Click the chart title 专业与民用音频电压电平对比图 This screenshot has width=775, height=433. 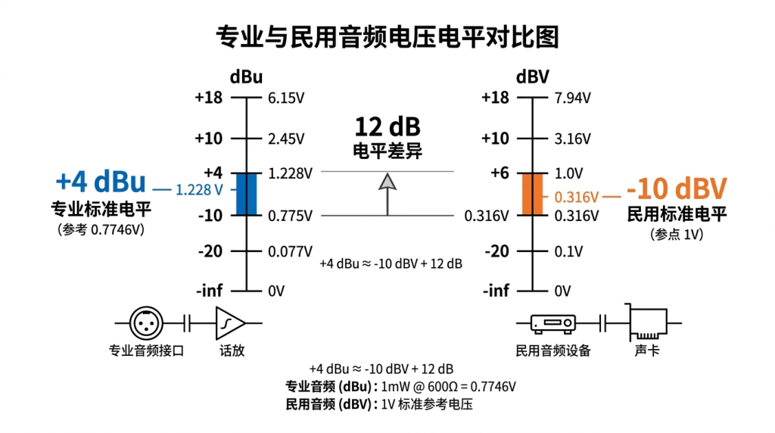point(387,37)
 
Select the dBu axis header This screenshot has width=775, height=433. point(246,77)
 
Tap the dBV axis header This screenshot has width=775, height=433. point(532,77)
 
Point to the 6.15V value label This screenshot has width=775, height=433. point(286,98)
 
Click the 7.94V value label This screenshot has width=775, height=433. point(572,98)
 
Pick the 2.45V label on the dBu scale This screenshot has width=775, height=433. point(286,139)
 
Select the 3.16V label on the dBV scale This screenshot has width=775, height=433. point(572,139)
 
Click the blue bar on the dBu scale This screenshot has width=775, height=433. point(246,194)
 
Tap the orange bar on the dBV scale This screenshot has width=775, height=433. point(532,194)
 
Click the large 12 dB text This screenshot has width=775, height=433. point(387,127)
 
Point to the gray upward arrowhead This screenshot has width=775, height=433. point(387,182)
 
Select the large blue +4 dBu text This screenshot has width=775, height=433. point(101,182)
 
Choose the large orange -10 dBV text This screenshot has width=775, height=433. point(677,188)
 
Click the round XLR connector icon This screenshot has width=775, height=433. point(146,323)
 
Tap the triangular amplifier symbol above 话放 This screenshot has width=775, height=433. point(230,323)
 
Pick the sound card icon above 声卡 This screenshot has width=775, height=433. point(648,322)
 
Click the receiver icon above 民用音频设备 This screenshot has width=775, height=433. point(553,323)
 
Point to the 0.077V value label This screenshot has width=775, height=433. point(290,252)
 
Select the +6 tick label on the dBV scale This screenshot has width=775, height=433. point(500,173)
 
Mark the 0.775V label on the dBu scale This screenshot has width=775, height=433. point(290,216)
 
